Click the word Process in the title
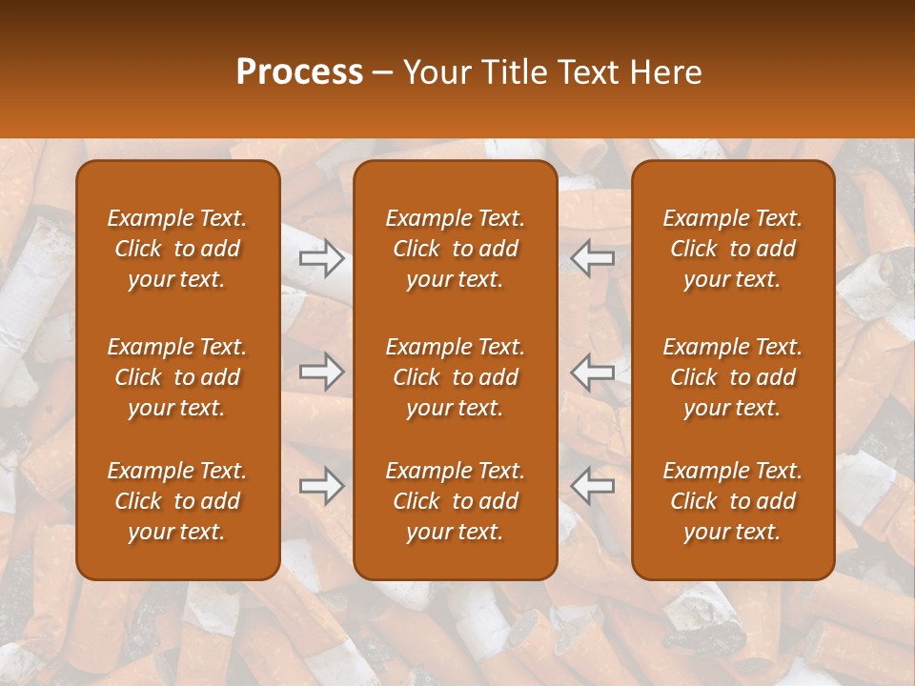[299, 72]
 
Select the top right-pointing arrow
[322, 258]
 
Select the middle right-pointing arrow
[322, 372]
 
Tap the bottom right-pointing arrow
[322, 486]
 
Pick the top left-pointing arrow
[592, 258]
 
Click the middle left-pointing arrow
[592, 372]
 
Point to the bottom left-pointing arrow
[592, 486]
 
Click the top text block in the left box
[177, 249]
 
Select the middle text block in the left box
[177, 377]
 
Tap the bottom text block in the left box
[177, 501]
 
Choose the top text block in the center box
[455, 249]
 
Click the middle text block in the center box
[455, 377]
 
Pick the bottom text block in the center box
[455, 501]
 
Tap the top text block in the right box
[733, 249]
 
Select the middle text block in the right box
[733, 377]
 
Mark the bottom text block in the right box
[733, 501]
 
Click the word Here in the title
[665, 72]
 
